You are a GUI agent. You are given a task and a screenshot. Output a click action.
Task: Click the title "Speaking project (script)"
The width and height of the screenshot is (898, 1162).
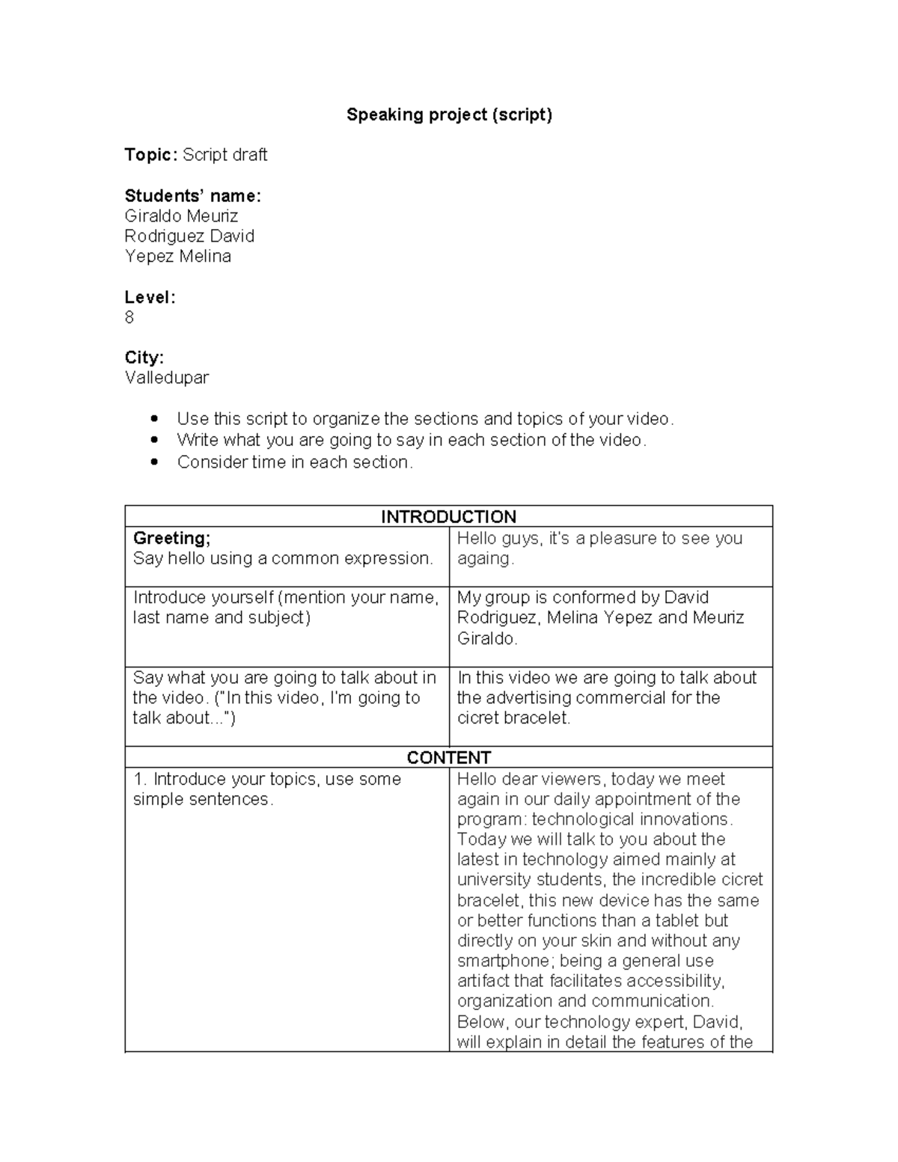tap(449, 114)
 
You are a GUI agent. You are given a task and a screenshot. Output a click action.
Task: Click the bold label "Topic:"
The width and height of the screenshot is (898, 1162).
tap(151, 155)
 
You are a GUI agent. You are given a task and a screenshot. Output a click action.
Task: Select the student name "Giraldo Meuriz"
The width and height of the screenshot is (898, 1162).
tap(181, 216)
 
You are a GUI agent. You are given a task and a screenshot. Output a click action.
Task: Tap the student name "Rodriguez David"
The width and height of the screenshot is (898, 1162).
tap(189, 236)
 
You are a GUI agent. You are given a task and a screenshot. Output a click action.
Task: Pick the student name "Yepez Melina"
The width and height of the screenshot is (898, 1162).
tap(177, 257)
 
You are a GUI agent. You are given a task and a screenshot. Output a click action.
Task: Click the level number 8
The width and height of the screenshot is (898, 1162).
tap(129, 318)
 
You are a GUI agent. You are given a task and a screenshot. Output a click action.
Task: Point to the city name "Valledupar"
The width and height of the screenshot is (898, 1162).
tap(166, 378)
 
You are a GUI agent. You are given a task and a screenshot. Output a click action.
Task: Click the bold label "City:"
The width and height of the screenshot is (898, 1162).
tap(144, 358)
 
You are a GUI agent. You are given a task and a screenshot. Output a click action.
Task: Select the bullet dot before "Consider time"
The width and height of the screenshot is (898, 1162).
tap(155, 462)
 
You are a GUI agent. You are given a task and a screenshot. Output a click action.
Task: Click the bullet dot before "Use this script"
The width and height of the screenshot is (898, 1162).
tap(155, 419)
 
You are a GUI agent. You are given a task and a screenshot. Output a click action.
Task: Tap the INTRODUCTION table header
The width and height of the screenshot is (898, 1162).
tap(448, 516)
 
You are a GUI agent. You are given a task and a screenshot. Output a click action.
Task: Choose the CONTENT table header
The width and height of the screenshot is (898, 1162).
tap(448, 757)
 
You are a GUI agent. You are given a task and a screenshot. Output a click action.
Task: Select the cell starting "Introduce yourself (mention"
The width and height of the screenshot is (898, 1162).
tap(286, 608)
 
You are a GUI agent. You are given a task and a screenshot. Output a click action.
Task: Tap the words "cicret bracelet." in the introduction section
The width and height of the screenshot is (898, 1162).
tap(513, 718)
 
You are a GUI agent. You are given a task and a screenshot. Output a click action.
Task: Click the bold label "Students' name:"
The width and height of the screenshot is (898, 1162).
tap(192, 196)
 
